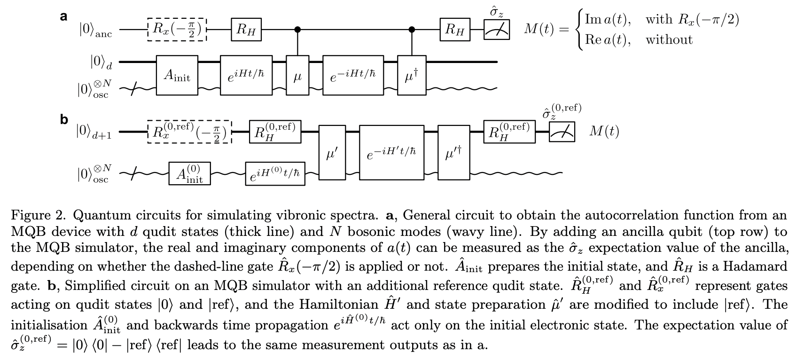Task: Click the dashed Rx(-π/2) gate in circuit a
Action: pos(177,30)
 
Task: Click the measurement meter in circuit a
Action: pos(497,30)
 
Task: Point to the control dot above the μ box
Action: pos(297,30)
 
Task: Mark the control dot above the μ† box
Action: pos(412,30)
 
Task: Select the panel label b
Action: pos(64,120)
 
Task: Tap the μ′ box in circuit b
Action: pos(332,152)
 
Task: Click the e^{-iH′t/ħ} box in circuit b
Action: pos(391,152)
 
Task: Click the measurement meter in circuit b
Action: pos(562,133)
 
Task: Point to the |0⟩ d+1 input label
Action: pos(94,132)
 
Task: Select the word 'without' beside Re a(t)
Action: pos(669,39)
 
